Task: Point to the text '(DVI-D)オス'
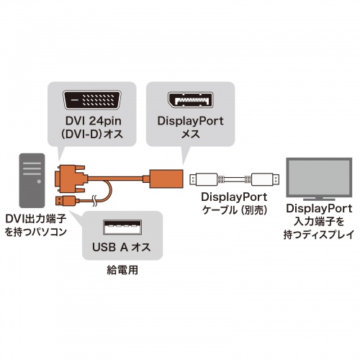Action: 92,136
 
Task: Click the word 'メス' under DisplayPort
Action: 190,136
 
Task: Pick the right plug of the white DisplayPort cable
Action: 264,177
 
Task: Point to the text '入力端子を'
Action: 315,222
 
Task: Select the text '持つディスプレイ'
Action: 315,235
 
